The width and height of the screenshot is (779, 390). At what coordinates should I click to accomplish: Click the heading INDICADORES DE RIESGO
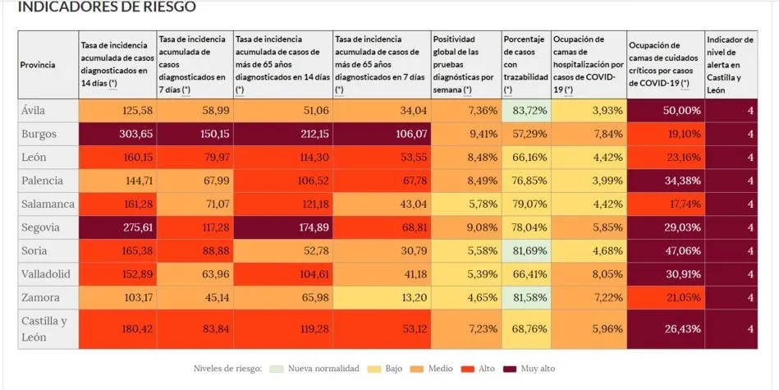coord(107,7)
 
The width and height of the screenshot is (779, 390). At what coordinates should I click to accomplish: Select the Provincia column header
coord(39,64)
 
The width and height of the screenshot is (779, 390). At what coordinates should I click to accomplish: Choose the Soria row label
coord(35,250)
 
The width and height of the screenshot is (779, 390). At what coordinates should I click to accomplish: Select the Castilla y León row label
coord(44,328)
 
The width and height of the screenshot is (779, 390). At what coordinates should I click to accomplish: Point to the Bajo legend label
coord(393,369)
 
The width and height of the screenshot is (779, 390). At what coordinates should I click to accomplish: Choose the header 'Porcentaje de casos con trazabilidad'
coord(525,64)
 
